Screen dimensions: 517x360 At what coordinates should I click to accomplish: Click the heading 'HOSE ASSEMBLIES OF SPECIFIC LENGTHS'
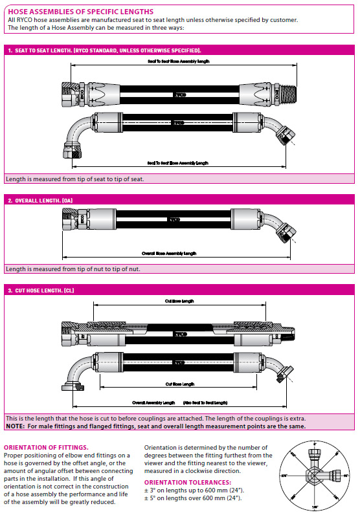tap(81, 12)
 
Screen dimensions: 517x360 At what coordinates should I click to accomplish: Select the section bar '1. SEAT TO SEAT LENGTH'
tap(104, 50)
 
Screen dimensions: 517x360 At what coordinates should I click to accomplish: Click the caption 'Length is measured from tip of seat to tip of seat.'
tap(74, 179)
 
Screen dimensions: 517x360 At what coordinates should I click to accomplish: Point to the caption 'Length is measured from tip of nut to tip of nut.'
tap(73, 269)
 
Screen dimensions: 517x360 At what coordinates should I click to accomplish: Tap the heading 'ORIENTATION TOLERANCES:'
tap(187, 482)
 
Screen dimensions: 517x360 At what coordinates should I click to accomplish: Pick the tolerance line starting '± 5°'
tap(193, 498)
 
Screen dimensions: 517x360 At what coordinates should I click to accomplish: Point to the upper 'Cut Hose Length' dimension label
tap(179, 302)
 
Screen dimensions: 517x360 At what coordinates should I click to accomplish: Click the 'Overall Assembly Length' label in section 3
tap(153, 402)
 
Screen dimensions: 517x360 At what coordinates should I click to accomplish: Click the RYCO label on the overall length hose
tap(174, 220)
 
